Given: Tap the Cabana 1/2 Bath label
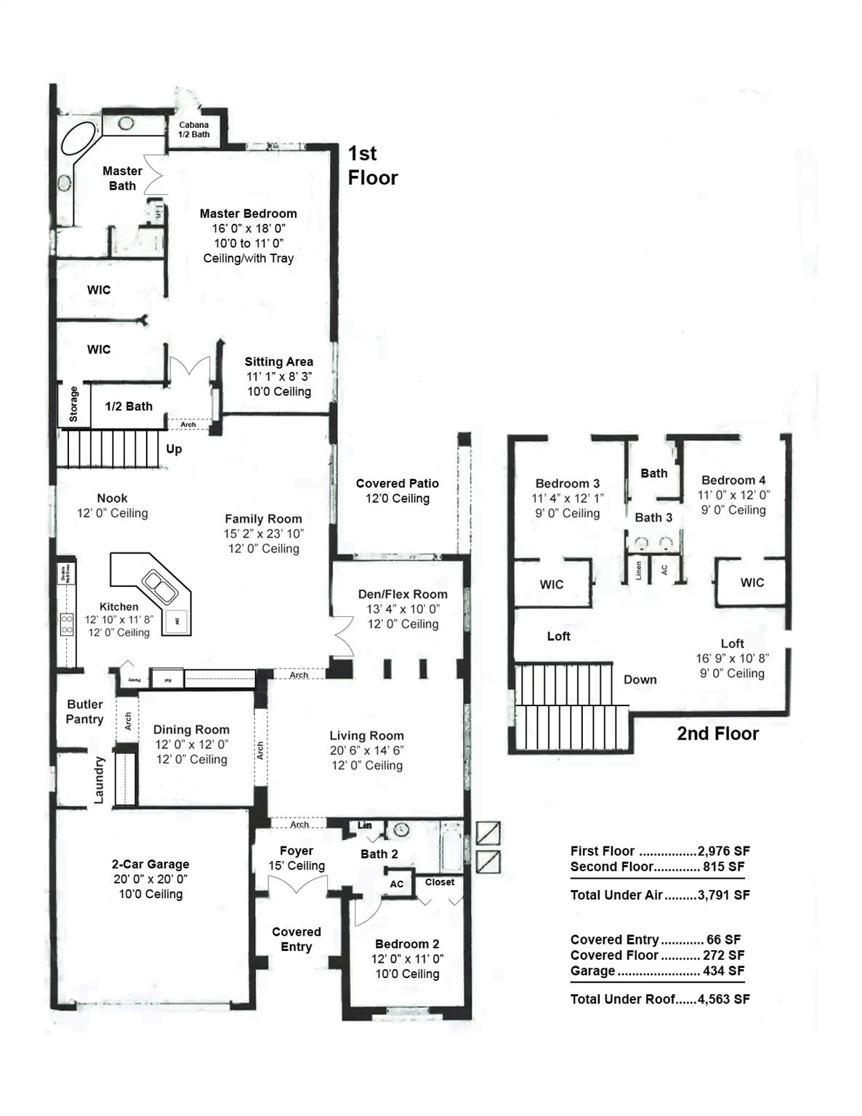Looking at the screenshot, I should click(194, 129).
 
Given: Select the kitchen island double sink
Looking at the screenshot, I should click(158, 587).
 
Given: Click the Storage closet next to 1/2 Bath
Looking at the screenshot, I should click(73, 404).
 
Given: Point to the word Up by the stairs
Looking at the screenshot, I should click(174, 449).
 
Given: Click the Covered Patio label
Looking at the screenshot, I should click(397, 483).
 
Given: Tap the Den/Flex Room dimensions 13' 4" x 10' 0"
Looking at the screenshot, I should click(403, 609).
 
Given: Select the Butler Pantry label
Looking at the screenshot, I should click(85, 711).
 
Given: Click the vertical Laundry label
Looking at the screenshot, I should click(100, 780).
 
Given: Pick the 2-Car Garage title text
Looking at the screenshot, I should click(150, 864).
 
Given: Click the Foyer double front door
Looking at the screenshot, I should click(297, 886).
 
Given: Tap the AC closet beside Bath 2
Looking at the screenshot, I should click(397, 884).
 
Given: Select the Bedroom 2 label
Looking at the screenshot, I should click(407, 944).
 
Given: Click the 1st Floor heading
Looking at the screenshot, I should click(372, 166).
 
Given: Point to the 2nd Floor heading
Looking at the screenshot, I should click(717, 734).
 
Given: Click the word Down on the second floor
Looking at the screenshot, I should click(640, 680).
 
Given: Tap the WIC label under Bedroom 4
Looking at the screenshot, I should click(752, 582).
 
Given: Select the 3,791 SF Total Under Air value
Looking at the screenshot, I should click(723, 895).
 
